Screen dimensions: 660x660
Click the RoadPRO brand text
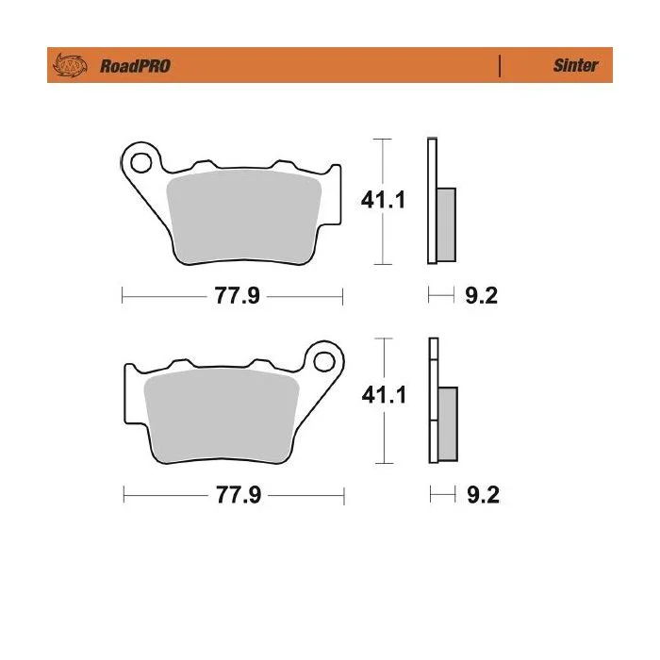(x=135, y=66)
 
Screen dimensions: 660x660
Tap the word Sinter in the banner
(x=575, y=65)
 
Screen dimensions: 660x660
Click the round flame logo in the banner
(x=70, y=65)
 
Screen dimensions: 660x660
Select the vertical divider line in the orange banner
(x=500, y=66)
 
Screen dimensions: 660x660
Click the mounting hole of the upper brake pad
(x=141, y=162)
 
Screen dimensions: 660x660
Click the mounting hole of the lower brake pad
(x=324, y=361)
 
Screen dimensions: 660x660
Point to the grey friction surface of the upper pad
(x=244, y=217)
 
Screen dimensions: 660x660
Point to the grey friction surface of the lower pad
(x=222, y=416)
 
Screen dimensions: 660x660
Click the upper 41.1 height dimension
(x=383, y=200)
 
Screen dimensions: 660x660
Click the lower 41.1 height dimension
(x=384, y=395)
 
